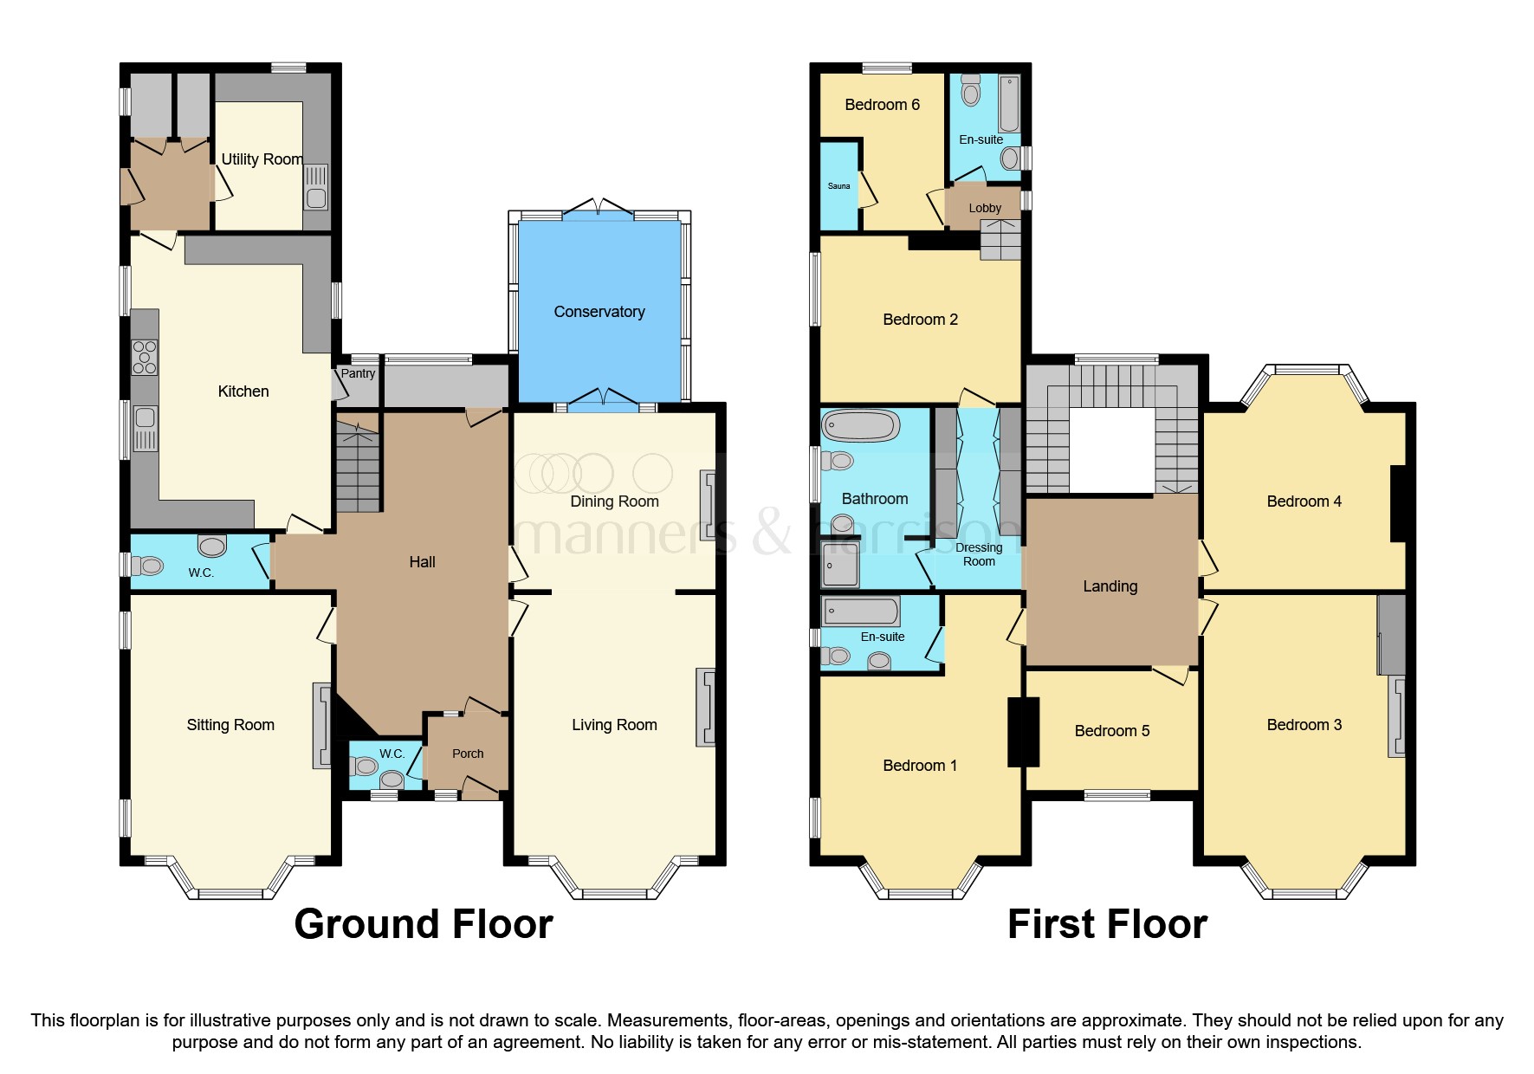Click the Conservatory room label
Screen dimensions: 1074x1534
pyautogui.click(x=599, y=312)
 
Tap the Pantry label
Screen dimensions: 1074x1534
pyautogui.click(x=358, y=373)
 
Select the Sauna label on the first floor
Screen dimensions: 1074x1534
pyautogui.click(x=838, y=186)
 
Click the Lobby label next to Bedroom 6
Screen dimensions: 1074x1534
pyautogui.click(x=985, y=208)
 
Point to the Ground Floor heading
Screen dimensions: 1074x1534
pyautogui.click(x=424, y=924)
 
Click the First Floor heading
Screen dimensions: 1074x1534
pyautogui.click(x=1107, y=924)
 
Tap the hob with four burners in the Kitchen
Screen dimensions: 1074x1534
pyautogui.click(x=145, y=357)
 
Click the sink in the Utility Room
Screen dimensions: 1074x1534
pyautogui.click(x=316, y=188)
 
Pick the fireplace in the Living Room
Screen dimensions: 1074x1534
pyautogui.click(x=706, y=708)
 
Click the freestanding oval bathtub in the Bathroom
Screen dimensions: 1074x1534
pyautogui.click(x=861, y=426)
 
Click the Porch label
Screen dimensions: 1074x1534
pyautogui.click(x=468, y=754)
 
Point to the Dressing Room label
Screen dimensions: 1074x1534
pyautogui.click(x=979, y=554)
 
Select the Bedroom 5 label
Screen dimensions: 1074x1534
pyautogui.click(x=1111, y=731)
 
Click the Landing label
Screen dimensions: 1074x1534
pyautogui.click(x=1110, y=586)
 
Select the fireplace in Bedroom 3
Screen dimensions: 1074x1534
pyautogui.click(x=1395, y=716)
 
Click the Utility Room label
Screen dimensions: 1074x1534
pyautogui.click(x=262, y=159)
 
